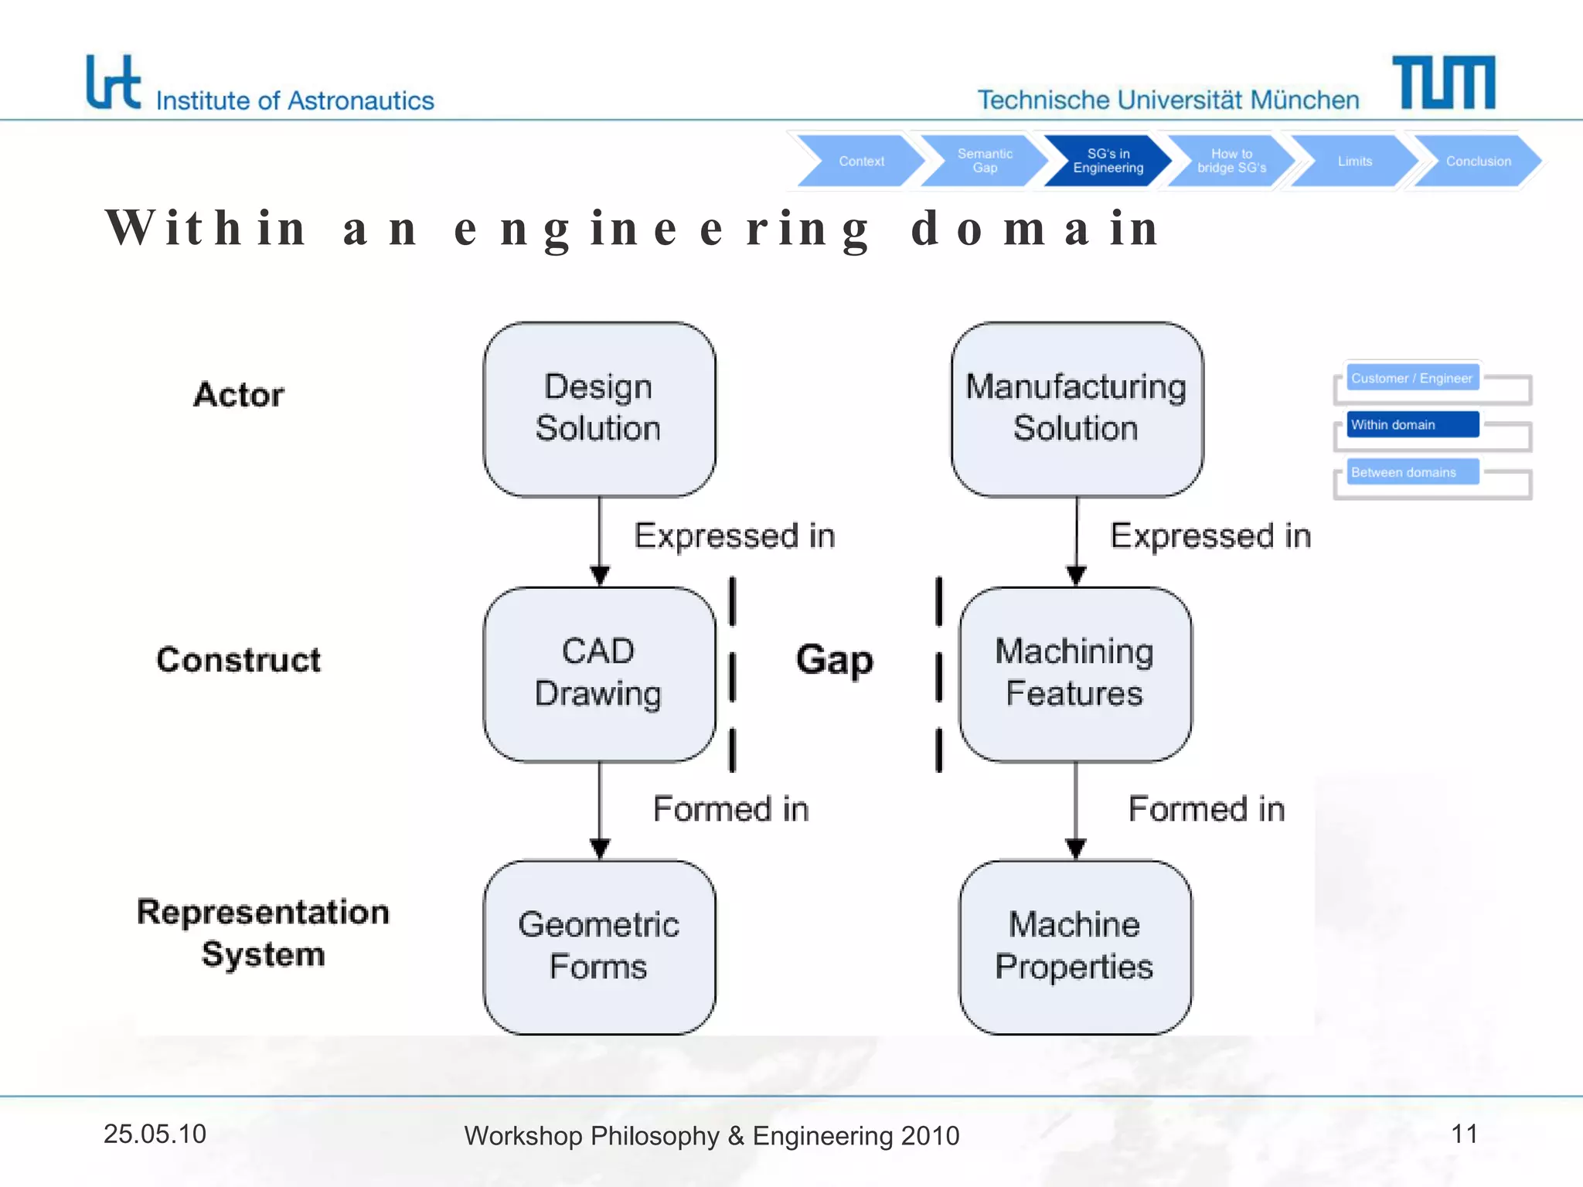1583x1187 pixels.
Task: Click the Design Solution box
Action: (599, 409)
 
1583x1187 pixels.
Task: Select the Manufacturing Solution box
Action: (1076, 409)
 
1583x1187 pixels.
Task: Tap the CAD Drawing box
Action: (599, 673)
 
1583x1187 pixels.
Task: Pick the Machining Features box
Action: (1074, 673)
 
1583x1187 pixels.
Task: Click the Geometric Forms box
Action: (599, 947)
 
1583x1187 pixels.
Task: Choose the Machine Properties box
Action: (1074, 947)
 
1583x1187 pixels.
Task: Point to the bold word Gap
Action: (834, 660)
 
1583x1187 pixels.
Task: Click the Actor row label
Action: (239, 395)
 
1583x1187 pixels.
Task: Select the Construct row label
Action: (239, 660)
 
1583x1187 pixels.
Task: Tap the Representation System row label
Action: (263, 933)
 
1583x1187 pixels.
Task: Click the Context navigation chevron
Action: (860, 161)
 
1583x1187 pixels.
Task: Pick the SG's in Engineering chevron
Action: (1107, 161)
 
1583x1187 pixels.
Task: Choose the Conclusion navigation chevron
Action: (1477, 161)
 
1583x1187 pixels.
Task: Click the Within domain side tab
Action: (1411, 424)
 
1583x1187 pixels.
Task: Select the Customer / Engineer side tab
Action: (1411, 378)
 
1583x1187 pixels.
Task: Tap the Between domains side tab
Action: (1411, 472)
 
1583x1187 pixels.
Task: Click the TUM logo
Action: (1443, 82)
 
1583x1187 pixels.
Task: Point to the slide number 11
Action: (1464, 1134)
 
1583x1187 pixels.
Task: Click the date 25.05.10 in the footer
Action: (155, 1134)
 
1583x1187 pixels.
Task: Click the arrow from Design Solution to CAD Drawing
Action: (600, 541)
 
